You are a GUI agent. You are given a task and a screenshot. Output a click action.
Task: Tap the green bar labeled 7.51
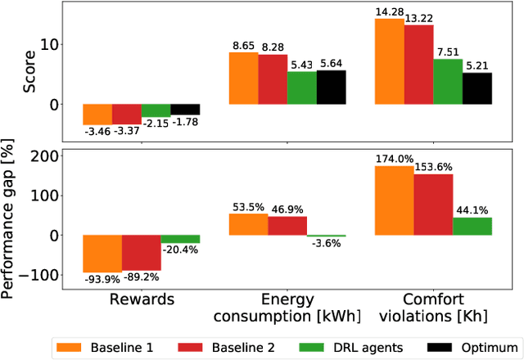448,82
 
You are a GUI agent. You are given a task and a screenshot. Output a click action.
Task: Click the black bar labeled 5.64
332,88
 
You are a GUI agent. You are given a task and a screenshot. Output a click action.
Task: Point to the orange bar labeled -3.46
97,114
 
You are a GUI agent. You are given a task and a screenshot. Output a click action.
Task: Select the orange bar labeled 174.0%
389,201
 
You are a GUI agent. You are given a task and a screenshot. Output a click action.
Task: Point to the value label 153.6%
433,167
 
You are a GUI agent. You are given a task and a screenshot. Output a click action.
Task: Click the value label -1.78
185,123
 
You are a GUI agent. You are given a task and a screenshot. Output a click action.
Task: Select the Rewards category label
142,299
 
